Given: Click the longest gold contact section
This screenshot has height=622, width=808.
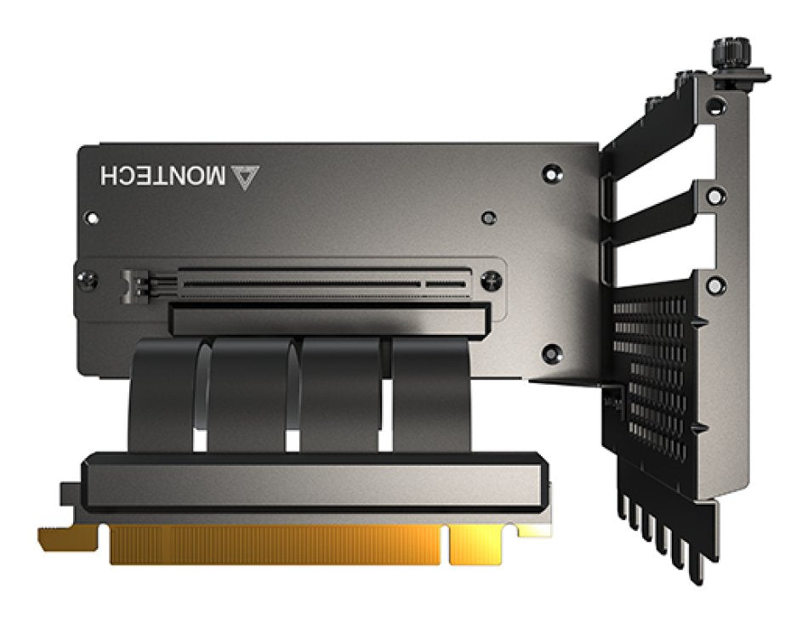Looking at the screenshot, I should [274, 545].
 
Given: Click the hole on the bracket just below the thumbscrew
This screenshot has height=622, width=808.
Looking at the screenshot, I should [717, 106].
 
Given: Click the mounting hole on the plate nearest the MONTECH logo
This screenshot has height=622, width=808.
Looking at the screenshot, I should [551, 172].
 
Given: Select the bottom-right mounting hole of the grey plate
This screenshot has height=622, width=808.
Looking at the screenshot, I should [551, 350].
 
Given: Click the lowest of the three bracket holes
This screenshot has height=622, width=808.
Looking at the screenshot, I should [716, 284].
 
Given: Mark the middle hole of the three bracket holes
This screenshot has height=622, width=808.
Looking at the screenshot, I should [717, 196].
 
